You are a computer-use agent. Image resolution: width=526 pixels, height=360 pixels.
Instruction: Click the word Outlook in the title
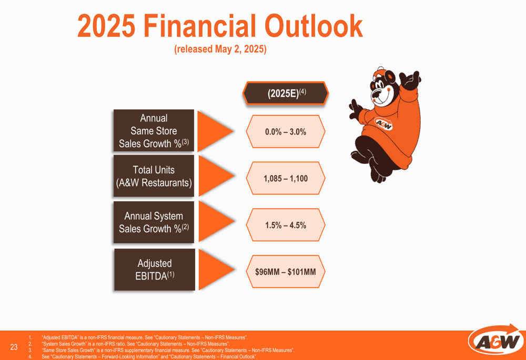coord(313,26)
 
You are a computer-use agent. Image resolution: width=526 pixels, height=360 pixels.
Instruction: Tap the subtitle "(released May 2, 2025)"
coord(220,49)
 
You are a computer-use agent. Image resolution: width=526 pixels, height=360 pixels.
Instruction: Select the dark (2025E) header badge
coord(286,93)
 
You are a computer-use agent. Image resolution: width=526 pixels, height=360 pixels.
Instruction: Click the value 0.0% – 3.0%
coord(286,132)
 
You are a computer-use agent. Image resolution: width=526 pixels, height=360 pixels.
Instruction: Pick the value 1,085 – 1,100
coord(286,178)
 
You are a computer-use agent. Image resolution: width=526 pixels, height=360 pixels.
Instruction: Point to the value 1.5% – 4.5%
coord(286,225)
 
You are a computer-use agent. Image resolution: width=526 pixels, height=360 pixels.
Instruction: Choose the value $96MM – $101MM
coord(286,272)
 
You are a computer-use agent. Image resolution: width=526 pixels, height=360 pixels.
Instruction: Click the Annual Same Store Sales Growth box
coord(154,130)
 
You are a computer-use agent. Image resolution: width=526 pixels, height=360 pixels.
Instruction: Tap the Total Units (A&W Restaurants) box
coord(154,176)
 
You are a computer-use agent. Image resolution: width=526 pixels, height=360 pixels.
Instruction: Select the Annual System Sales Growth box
coord(154,222)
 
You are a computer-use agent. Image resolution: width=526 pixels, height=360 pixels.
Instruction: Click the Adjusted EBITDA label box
coord(155,270)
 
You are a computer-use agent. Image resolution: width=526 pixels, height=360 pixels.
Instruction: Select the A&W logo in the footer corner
coord(497,341)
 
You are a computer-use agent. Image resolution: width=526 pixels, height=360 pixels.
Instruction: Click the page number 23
coord(14,347)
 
